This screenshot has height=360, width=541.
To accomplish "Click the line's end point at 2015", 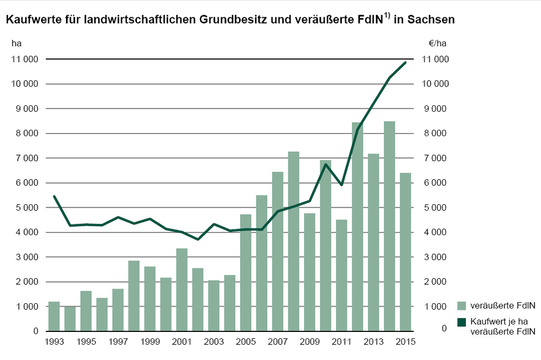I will pyautogui.click(x=405, y=62).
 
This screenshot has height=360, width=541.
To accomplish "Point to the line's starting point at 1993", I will pyautogui.click(x=54, y=196).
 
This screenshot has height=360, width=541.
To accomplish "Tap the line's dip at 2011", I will pyautogui.click(x=341, y=185).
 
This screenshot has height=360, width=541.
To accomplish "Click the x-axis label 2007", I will pyautogui.click(x=278, y=342).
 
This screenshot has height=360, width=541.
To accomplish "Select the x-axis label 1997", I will pyautogui.click(x=118, y=342).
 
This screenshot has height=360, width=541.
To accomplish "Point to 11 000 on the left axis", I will pyautogui.click(x=24, y=59).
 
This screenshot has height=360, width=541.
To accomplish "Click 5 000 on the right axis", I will pyautogui.click(x=435, y=208).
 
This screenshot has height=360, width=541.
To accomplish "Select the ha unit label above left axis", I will pyautogui.click(x=16, y=43).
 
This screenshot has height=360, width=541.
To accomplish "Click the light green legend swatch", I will pyautogui.click(x=461, y=306).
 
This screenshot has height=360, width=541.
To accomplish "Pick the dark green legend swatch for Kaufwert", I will pyautogui.click(x=461, y=322).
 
